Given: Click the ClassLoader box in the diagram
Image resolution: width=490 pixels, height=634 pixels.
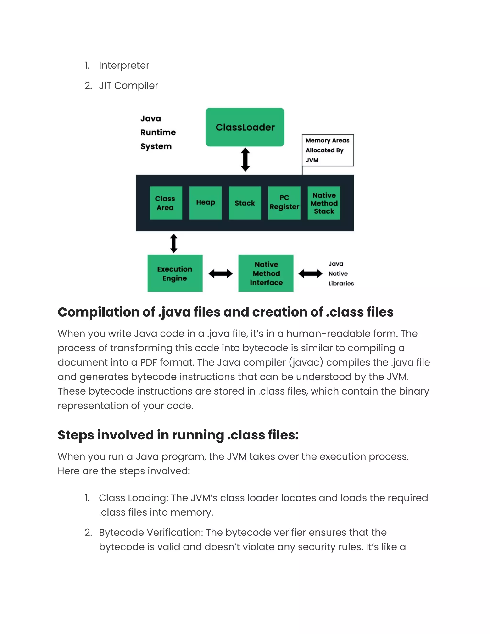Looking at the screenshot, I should click(x=245, y=127).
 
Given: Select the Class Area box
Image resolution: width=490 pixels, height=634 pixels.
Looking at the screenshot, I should click(x=166, y=203).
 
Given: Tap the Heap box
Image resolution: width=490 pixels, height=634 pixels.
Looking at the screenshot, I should click(x=205, y=203).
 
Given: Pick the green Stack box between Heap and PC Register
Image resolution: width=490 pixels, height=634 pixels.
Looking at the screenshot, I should click(x=245, y=203).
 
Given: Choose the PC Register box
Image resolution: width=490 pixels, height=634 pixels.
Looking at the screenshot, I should click(x=284, y=203).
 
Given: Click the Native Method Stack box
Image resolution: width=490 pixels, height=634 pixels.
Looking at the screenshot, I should click(x=324, y=203).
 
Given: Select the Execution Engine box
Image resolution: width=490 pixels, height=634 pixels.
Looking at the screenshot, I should click(x=175, y=273).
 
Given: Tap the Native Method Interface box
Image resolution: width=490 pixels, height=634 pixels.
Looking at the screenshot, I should click(x=266, y=273).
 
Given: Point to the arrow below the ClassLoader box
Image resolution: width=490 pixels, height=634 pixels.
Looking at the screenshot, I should click(x=245, y=159).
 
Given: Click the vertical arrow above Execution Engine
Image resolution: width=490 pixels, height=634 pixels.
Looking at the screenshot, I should click(x=174, y=243).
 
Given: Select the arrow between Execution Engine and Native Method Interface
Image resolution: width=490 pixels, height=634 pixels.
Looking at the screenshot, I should click(x=220, y=273).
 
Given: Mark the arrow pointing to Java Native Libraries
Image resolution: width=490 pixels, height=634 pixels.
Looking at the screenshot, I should click(x=310, y=273).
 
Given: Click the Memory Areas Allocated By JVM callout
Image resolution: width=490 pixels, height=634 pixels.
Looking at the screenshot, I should click(x=328, y=150).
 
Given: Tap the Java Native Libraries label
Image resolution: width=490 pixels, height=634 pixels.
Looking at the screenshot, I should click(x=341, y=273).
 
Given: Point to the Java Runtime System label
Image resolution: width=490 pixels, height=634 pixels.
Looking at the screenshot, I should click(x=158, y=132).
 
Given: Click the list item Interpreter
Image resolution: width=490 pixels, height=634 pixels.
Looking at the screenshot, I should click(x=124, y=66).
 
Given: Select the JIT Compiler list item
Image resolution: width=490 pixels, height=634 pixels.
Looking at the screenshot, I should click(x=128, y=86).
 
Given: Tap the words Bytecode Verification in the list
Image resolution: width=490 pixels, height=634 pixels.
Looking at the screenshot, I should click(x=151, y=532).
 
